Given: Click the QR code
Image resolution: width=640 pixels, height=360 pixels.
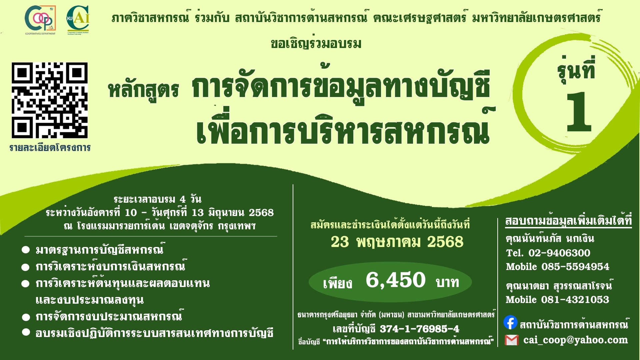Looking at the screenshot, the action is (50, 100).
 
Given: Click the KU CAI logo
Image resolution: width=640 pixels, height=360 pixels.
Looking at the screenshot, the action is (78, 19).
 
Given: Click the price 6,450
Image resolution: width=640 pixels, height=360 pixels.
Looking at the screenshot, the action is (396, 280).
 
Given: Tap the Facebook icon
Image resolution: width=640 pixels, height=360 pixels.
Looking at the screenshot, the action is (510, 322).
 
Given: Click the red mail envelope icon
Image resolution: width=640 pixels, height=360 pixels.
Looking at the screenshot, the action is (512, 340).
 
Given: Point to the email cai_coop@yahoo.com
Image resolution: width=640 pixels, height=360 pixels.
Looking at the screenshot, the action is (576, 340).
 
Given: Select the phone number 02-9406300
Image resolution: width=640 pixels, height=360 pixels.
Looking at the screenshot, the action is (559, 253).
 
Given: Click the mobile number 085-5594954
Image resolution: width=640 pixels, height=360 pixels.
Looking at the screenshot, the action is (575, 267).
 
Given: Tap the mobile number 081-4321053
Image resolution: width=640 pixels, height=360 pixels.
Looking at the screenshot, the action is (575, 300).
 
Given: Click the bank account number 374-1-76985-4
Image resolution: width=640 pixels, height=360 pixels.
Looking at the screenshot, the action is (419, 329).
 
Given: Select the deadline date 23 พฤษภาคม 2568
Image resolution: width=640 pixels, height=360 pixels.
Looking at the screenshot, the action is (397, 242).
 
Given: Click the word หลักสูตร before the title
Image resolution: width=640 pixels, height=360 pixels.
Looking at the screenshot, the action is (144, 90).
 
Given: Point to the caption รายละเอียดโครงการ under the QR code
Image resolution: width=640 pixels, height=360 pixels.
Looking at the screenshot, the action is (50, 148).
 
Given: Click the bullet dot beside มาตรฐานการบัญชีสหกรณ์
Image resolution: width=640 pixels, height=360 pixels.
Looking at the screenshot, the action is (26, 250).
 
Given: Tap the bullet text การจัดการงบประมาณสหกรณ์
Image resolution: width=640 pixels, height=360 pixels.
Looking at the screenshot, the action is (109, 316).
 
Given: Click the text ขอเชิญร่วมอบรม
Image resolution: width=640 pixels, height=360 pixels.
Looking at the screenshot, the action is (316, 43).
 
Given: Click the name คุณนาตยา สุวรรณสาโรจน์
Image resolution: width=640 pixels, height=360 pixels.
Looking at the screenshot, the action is (559, 286).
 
